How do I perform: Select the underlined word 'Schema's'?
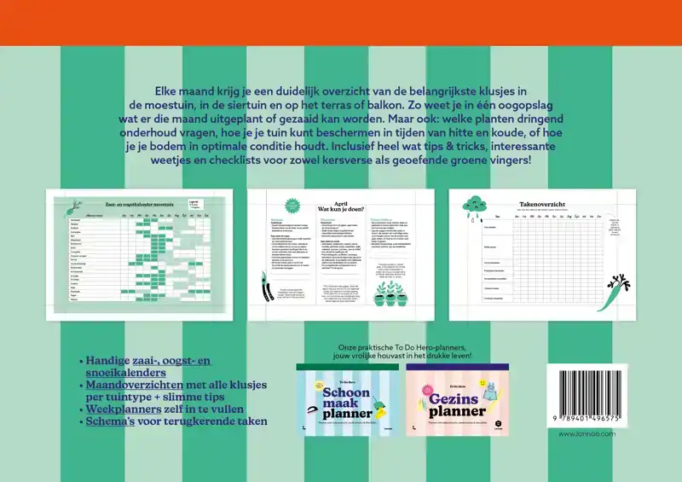pyautogui.click(x=111, y=421)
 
